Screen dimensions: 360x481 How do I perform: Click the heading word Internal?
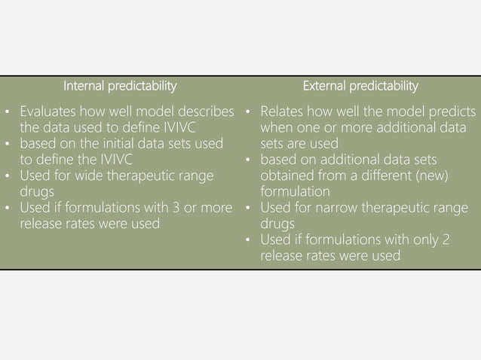point(84,85)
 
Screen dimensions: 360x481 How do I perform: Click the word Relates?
point(283,111)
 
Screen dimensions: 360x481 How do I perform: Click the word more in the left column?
point(214,207)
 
